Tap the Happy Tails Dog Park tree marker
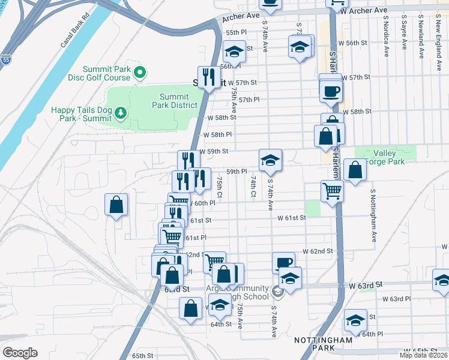pyautogui.click(x=121, y=112)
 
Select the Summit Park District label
pyautogui.click(x=178, y=101)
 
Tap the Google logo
pyautogui.click(x=20, y=352)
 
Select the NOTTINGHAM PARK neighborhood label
pyautogui.click(x=323, y=344)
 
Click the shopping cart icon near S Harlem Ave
pyautogui.click(x=332, y=191)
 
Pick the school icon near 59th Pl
pyautogui.click(x=270, y=160)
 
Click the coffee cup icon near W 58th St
pyautogui.click(x=331, y=91)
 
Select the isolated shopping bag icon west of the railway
pyautogui.click(x=116, y=204)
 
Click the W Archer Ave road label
pyautogui.click(x=363, y=10)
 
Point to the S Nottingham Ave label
pyautogui.click(x=373, y=216)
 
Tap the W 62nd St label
pyautogui.click(x=317, y=250)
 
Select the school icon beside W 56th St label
pyautogui.click(x=300, y=47)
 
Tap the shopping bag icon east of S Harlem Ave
pyautogui.click(x=355, y=170)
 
